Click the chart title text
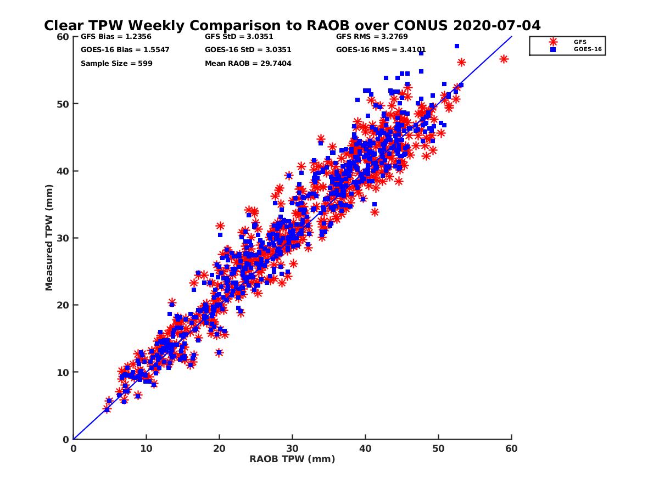coord(292,25)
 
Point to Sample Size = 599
coord(116,64)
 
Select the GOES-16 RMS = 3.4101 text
coord(381,50)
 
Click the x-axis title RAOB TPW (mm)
coord(292,459)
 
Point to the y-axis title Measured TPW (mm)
coord(49,238)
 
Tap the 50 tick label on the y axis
coord(63,104)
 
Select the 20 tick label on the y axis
coord(63,305)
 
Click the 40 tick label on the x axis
coord(365,449)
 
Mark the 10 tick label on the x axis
coord(146,449)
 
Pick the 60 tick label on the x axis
coord(511,449)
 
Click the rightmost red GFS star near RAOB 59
coord(504,59)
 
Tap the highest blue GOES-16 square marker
coord(457,46)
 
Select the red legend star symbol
coord(552,42)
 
